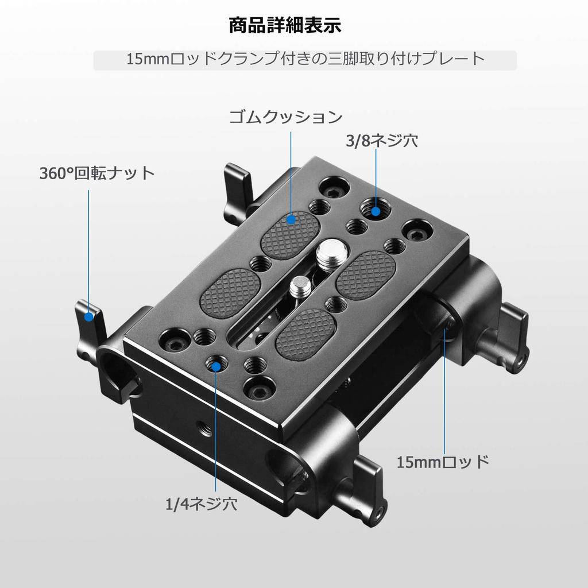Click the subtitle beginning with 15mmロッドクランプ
[x=305, y=59]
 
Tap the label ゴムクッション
[x=286, y=118]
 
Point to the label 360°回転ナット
[x=98, y=173]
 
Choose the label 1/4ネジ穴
[x=201, y=505]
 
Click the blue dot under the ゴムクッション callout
[x=291, y=219]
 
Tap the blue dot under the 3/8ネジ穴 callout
[x=376, y=211]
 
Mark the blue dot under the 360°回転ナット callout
[x=89, y=316]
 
